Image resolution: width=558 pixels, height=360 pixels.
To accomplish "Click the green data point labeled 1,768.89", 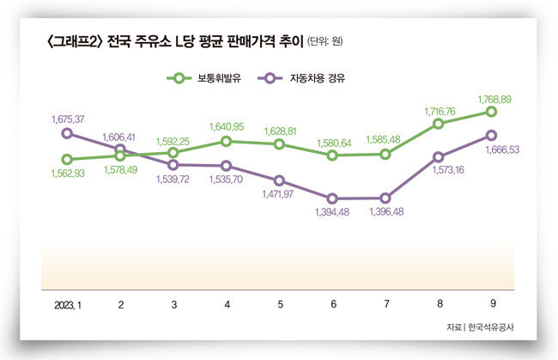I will tap(492, 111).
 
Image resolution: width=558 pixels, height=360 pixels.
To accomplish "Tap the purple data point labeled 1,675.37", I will tap(68, 133).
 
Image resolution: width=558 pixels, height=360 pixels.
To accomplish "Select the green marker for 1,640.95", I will tap(227, 141).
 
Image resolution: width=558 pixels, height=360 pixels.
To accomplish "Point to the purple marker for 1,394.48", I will tap(332, 198).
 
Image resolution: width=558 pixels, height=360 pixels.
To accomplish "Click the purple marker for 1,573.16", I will tap(439, 157).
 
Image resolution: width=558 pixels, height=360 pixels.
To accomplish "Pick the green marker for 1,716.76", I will tap(439, 124).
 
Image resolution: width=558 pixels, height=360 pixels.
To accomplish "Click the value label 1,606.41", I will tap(121, 137).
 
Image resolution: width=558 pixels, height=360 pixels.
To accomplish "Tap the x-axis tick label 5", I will tap(280, 305).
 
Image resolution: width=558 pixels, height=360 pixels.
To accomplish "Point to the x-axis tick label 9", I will tap(492, 305).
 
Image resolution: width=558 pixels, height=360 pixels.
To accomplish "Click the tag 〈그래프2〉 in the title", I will tap(72, 40).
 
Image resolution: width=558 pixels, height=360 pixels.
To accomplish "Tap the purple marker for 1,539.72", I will tap(173, 164).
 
